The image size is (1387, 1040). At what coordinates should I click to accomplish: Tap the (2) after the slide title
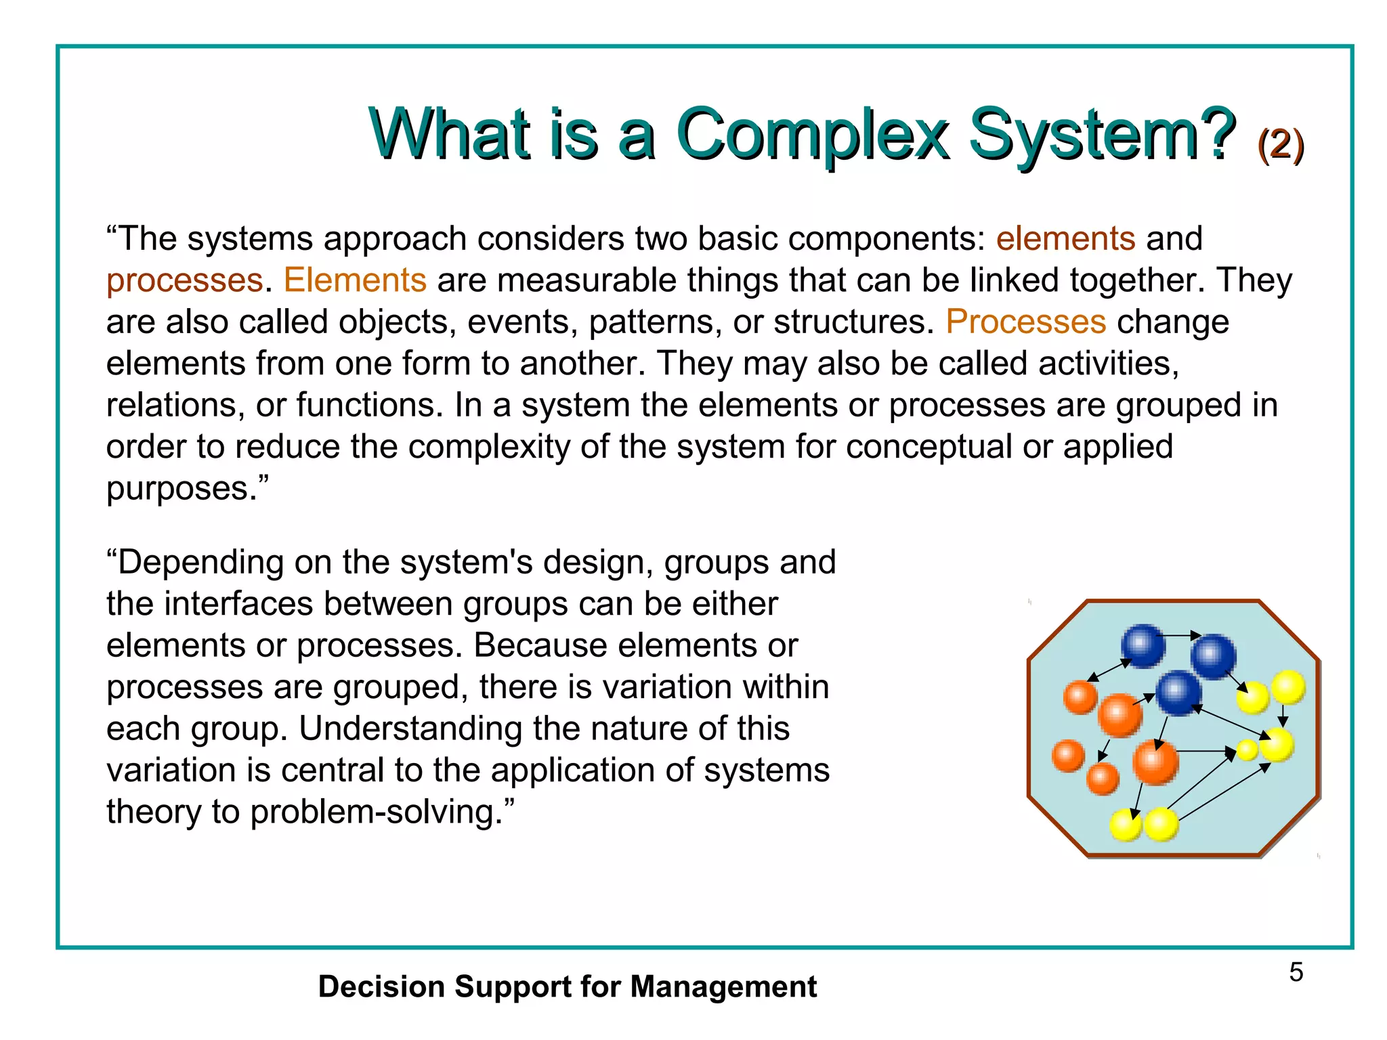pos(1280,144)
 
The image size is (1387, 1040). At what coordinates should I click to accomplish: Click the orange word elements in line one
pos(1065,239)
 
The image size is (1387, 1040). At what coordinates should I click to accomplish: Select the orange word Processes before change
pos(1025,322)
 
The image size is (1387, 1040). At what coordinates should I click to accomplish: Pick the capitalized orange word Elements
pos(355,280)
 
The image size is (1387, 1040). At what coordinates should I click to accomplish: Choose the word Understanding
pos(410,729)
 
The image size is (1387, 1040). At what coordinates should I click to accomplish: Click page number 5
pos(1296,973)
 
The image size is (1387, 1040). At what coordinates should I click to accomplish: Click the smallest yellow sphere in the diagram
pos(1247,750)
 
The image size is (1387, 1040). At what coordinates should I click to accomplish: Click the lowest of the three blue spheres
pos(1178,693)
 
